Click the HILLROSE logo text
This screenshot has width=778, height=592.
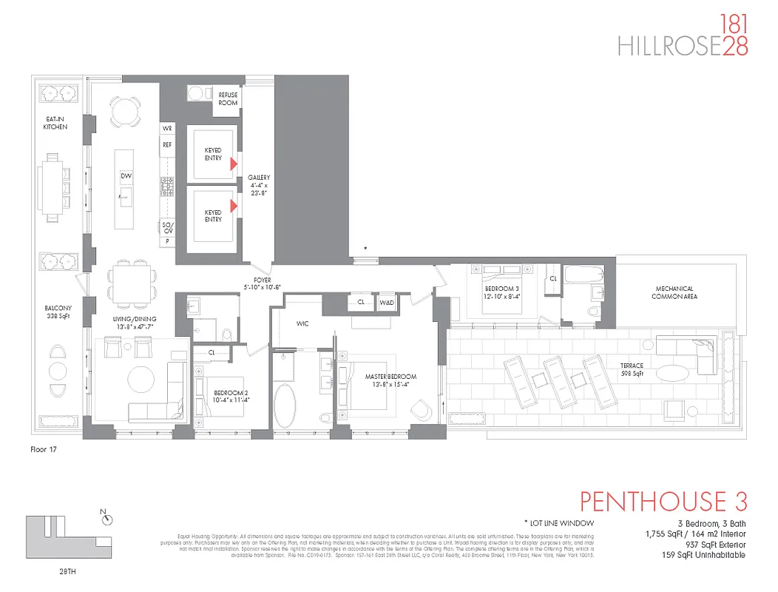pos(669,46)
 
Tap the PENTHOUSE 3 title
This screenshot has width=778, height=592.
pos(663,501)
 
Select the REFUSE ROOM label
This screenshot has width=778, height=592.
pos(228,99)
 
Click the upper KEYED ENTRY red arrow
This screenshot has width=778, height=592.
pos(234,163)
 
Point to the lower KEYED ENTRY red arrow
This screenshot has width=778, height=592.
pos(234,206)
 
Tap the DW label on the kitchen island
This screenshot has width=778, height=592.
pos(126,175)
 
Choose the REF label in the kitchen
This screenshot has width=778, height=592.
pos(167,145)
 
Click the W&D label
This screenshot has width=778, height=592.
pos(387,303)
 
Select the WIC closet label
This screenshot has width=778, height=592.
pos(302,323)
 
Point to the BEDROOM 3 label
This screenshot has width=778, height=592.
pos(497,291)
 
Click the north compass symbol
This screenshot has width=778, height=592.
pos(108,519)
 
